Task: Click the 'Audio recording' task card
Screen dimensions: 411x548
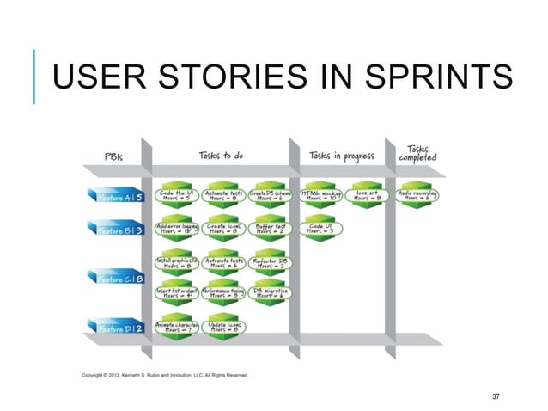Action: point(419,196)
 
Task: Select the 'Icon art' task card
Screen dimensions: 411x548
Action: point(369,196)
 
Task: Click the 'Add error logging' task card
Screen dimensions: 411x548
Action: point(176,228)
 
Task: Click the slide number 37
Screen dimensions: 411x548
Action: point(495,396)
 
